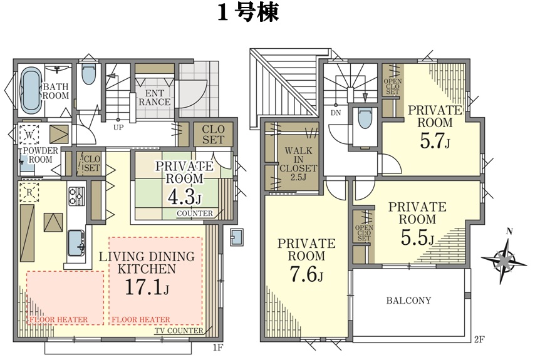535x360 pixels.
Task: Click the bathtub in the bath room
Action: coord(31,90)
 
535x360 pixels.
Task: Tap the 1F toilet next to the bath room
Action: coord(89,75)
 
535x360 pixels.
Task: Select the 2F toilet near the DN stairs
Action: coord(365,118)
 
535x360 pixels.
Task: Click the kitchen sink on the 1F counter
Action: coord(76,243)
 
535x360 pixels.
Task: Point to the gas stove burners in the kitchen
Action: coord(77,196)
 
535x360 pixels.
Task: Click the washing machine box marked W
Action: coord(29,135)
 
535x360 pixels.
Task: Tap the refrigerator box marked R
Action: coord(29,192)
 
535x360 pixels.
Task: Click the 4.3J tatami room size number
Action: coord(185,197)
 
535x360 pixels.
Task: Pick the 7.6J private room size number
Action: coord(306,274)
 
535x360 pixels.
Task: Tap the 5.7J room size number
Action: coord(434,140)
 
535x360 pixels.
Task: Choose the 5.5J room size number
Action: coord(417,238)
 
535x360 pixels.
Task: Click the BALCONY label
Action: coord(408,301)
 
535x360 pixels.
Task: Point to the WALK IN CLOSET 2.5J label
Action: coord(298,163)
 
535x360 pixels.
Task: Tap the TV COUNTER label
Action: coord(179,331)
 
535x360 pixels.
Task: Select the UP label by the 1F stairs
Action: coord(118,128)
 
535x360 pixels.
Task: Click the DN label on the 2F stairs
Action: coord(336,113)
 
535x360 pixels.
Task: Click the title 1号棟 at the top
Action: coord(249,13)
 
